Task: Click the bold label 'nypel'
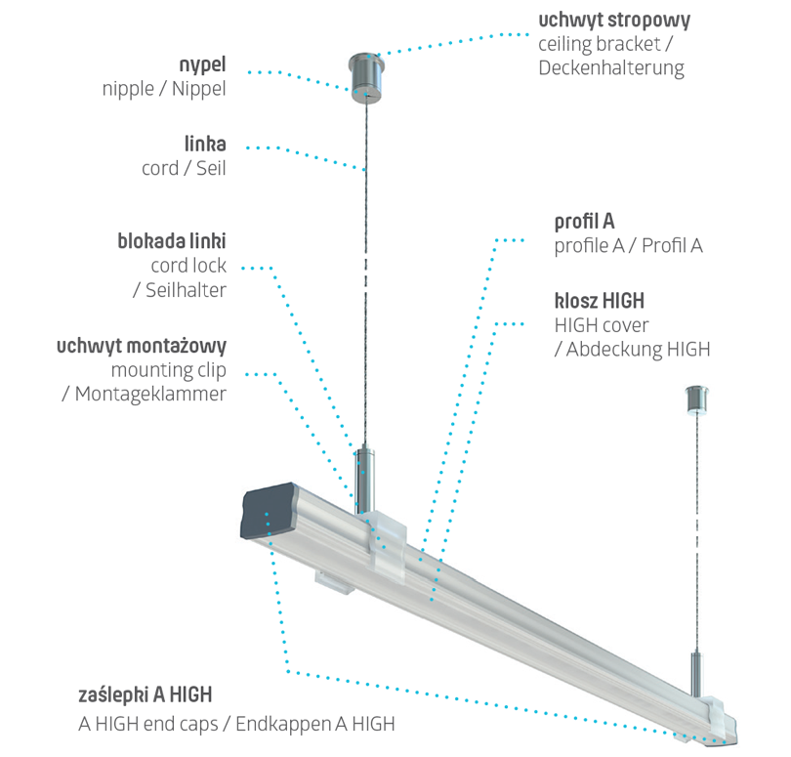pos(203,64)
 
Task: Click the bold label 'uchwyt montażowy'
pos(142,346)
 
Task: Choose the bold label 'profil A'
pos(584,221)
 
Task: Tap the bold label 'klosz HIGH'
pos(599,300)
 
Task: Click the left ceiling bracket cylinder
pos(365,76)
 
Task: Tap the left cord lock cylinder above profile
pos(364,478)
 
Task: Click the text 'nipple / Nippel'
pos(164,89)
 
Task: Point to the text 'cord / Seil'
pos(184,168)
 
